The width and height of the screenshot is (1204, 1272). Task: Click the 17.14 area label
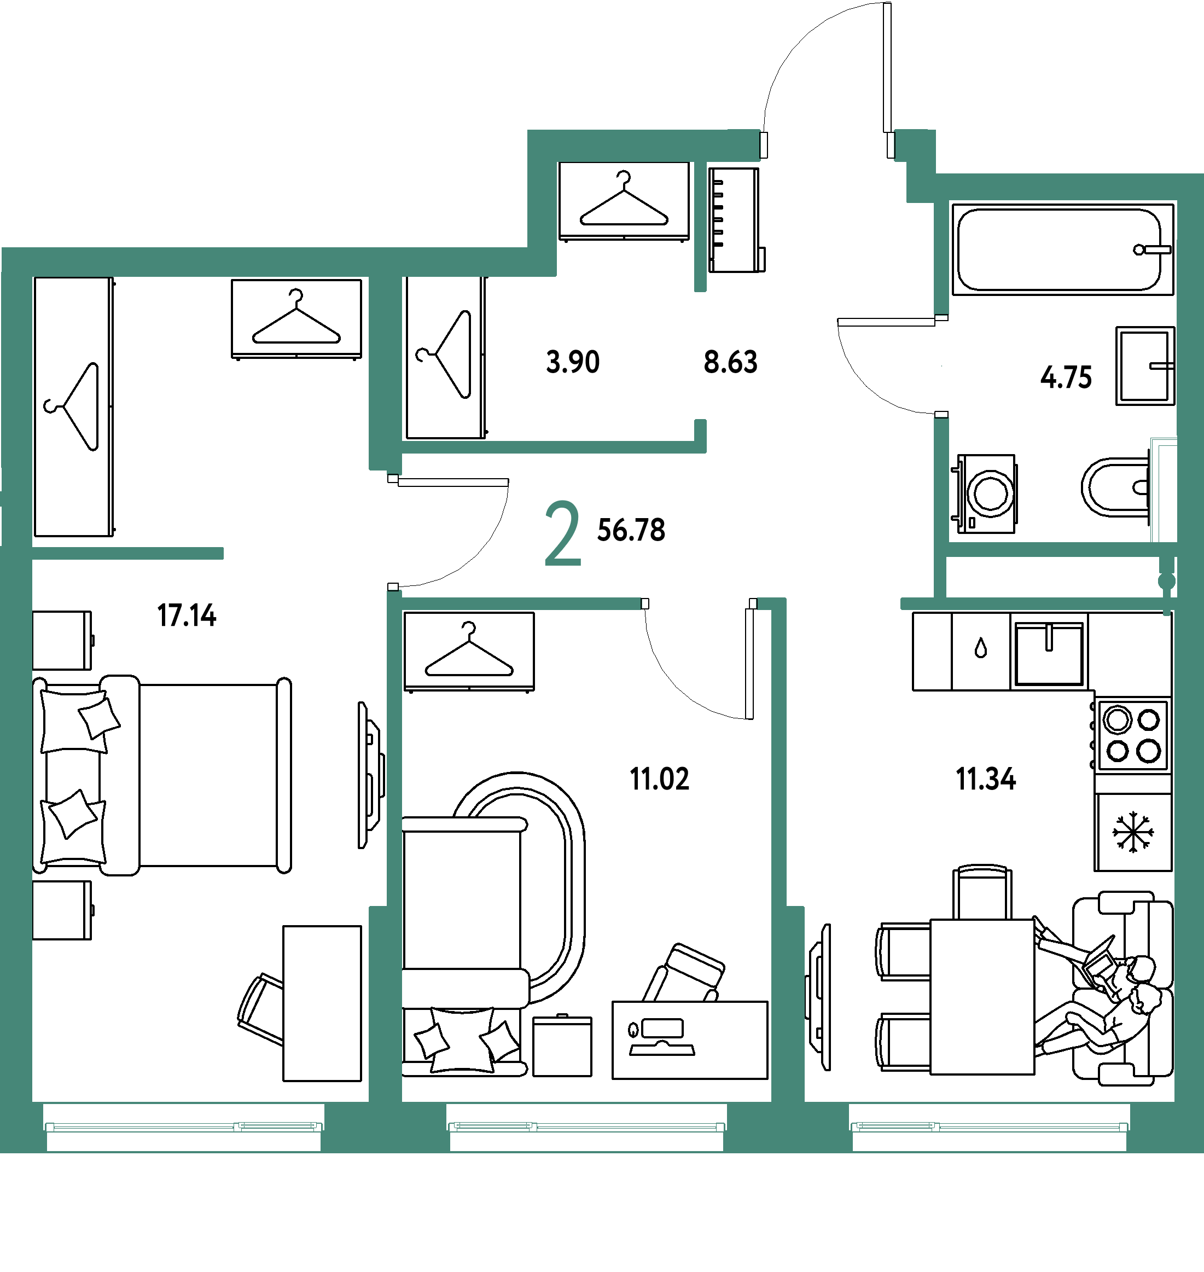[187, 615]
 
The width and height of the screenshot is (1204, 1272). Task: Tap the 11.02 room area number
[659, 779]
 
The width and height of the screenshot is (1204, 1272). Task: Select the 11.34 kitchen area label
[986, 779]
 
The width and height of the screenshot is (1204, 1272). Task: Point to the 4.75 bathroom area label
[1066, 377]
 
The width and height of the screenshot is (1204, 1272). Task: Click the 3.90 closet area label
[573, 362]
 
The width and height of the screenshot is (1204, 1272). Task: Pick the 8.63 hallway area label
[730, 362]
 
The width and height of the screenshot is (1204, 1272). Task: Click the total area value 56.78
[631, 530]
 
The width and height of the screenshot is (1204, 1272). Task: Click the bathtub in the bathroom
[1063, 249]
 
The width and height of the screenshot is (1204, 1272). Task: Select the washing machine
[985, 493]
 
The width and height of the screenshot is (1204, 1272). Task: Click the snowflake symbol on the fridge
[1133, 832]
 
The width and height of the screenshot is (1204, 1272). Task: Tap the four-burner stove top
[1133, 735]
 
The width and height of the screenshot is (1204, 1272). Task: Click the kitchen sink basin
[1049, 653]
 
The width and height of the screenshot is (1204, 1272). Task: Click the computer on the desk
[662, 1038]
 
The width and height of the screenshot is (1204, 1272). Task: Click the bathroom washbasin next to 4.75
[1145, 367]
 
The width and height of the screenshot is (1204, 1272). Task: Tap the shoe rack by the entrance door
[736, 220]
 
